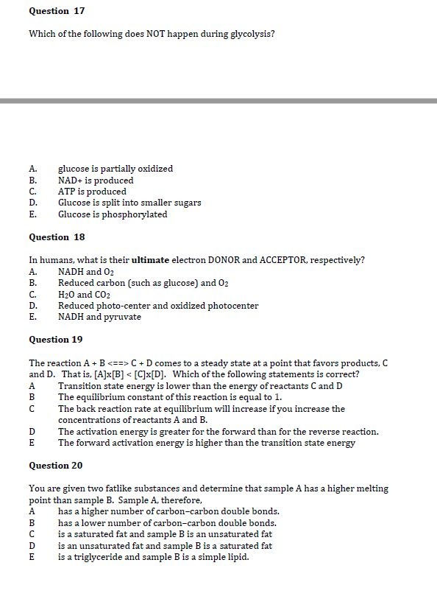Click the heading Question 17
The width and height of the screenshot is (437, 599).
[x=57, y=11]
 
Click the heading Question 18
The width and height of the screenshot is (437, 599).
[x=57, y=237]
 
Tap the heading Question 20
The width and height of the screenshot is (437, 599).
[x=56, y=466]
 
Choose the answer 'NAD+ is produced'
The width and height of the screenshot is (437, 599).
[x=96, y=181]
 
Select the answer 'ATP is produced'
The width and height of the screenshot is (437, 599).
[x=92, y=192]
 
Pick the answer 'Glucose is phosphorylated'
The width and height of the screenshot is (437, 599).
[x=113, y=214]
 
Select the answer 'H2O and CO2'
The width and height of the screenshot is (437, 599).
[x=85, y=295]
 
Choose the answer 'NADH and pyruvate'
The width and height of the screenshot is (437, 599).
[x=99, y=317]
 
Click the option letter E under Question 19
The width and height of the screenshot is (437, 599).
[x=32, y=443]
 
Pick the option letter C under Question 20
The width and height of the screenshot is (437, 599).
[x=32, y=534]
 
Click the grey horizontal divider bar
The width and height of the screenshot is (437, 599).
[x=218, y=100]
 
